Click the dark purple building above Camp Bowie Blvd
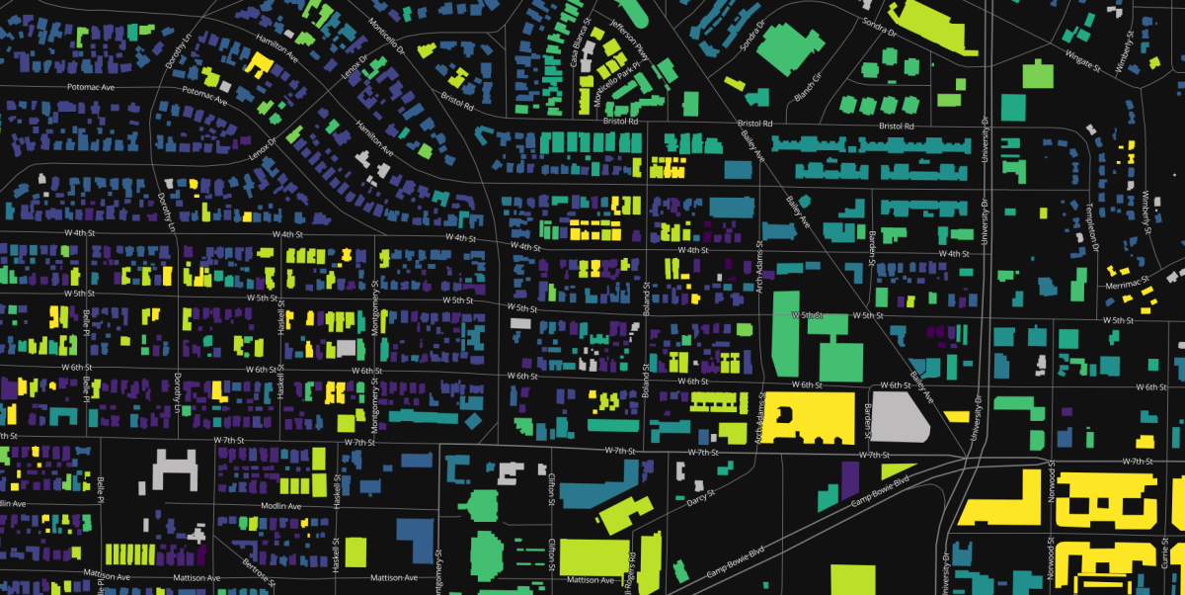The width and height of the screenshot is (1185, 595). tap(849, 481)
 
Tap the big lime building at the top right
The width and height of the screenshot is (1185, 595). tap(934, 28)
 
